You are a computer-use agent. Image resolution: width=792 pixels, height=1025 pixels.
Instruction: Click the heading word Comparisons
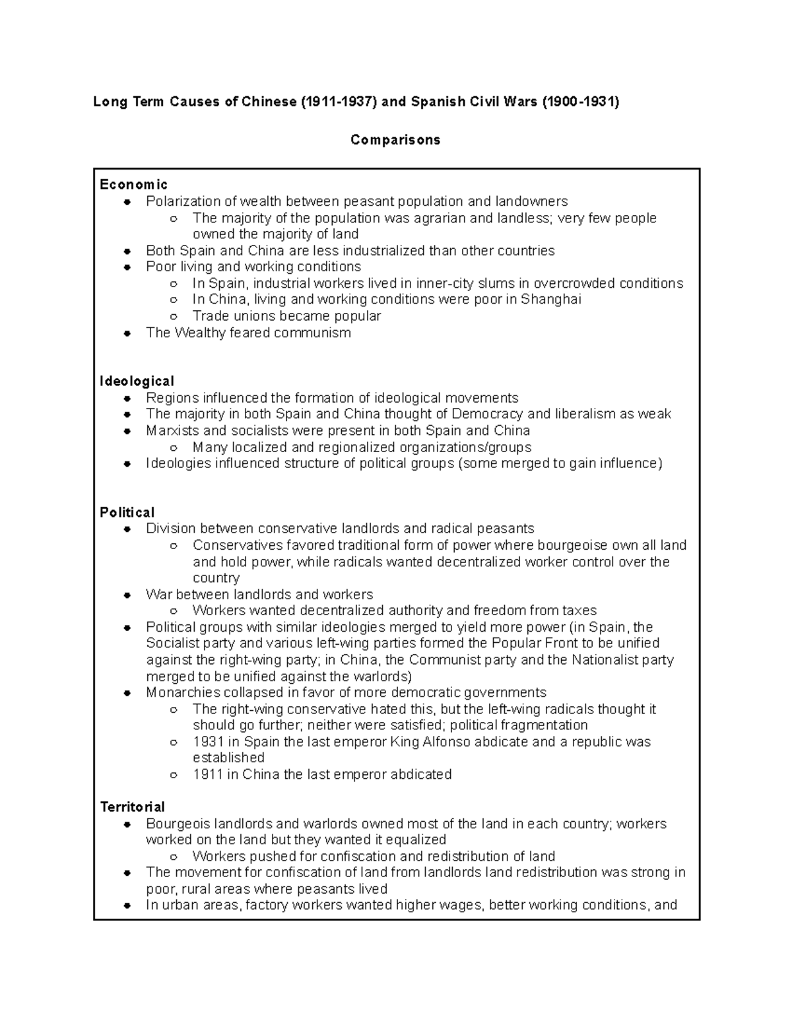tap(395, 140)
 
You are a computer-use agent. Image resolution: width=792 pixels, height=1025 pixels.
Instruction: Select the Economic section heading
tap(133, 184)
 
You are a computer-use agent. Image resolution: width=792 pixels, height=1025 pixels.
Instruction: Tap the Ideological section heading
tap(137, 381)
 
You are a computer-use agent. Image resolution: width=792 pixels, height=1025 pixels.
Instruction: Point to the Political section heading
tap(127, 512)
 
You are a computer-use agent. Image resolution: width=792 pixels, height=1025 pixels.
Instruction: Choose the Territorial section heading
tap(132, 807)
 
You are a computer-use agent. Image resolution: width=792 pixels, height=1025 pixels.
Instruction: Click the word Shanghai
tap(551, 300)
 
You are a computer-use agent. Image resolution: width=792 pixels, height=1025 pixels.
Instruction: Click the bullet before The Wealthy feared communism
tap(127, 333)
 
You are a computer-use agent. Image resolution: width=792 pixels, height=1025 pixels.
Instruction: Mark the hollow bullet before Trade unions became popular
tap(174, 317)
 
